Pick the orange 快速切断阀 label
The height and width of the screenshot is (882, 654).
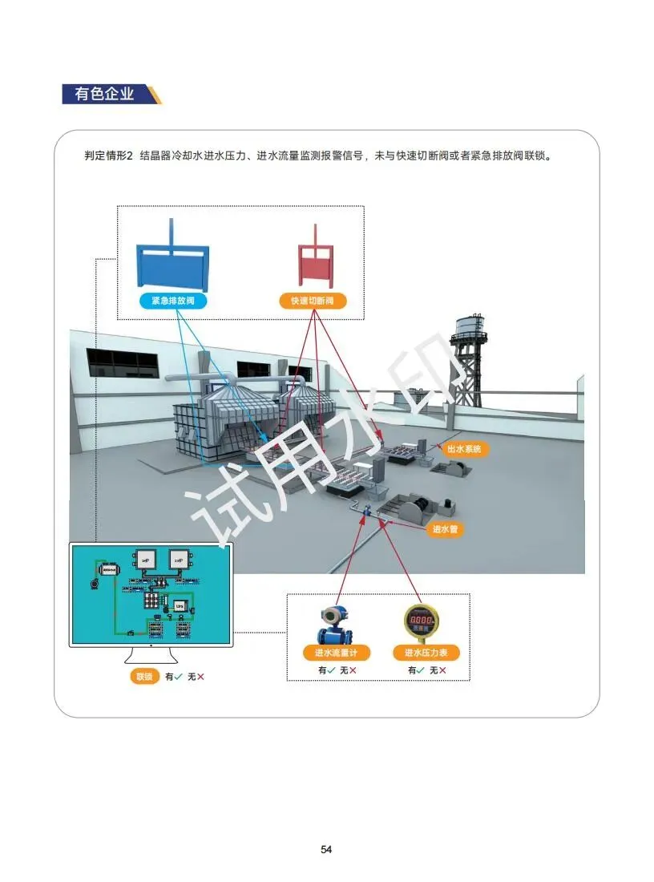pos(313,301)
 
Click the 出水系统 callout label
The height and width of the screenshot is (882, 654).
pos(464,450)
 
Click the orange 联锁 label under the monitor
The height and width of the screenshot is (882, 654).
pos(144,677)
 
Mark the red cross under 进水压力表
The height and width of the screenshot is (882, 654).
pos(442,670)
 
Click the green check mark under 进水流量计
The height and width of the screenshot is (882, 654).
pos(331,670)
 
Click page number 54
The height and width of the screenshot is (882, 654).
pos(326,849)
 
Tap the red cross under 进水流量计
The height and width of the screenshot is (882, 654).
pos(352,670)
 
